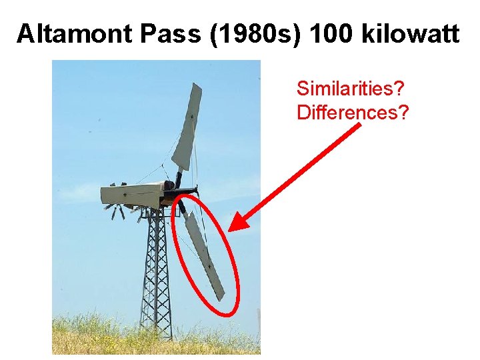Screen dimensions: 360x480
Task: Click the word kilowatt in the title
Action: point(411,33)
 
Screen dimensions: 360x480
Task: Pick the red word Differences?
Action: point(353,113)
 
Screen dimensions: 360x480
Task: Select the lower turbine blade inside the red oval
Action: point(203,257)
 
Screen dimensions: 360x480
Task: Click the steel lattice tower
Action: point(155,267)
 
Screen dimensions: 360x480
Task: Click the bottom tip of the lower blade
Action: point(221,299)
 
